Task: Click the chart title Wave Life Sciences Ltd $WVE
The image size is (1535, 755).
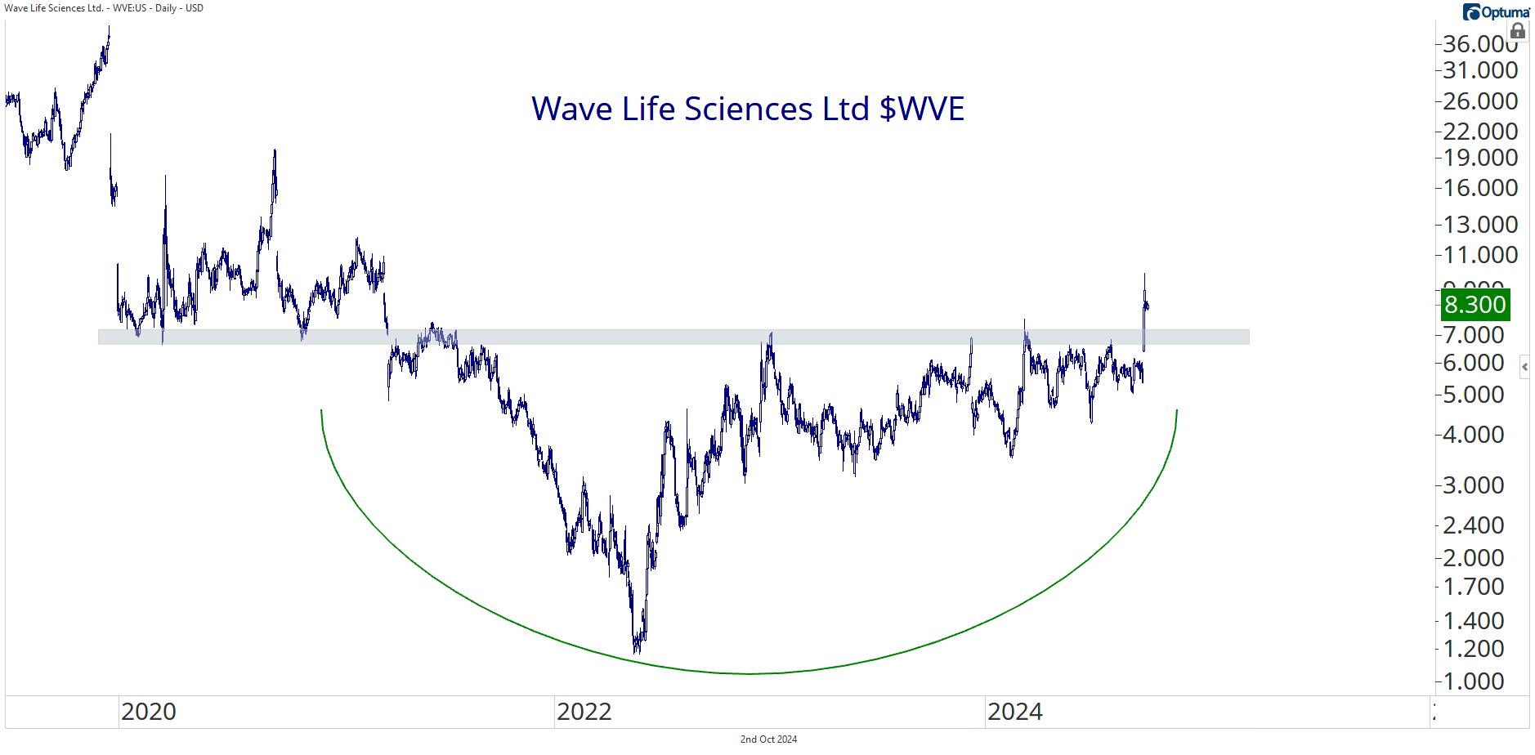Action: point(748,109)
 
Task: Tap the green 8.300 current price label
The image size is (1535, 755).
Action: point(1475,305)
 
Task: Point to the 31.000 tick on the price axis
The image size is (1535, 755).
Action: point(1479,70)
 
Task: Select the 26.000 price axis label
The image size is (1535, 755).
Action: point(1479,101)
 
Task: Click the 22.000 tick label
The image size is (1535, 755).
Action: point(1479,132)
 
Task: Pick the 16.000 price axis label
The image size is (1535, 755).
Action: point(1479,188)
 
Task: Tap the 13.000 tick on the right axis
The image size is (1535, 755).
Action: point(1479,225)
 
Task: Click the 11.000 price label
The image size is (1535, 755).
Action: point(1479,255)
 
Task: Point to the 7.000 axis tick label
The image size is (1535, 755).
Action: point(1473,335)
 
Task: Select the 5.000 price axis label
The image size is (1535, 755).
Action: point(1473,395)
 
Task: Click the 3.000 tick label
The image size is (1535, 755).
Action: point(1473,485)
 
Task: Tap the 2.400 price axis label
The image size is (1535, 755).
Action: point(1473,525)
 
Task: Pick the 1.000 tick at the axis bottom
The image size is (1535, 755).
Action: point(1473,681)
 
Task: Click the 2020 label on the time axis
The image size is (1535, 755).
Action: point(149,712)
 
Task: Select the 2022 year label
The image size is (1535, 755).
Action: point(584,712)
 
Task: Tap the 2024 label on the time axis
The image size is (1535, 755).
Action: point(1015,712)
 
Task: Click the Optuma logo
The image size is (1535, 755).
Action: point(1496,12)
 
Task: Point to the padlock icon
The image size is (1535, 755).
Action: point(1518,32)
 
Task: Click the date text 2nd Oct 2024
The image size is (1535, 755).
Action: point(768,739)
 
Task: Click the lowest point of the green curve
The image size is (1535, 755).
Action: point(750,673)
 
